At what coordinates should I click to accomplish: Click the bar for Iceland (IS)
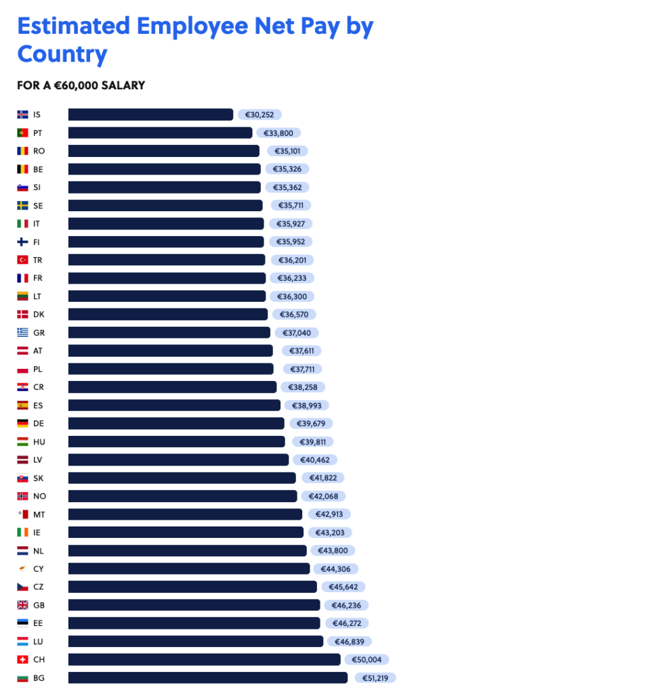150,114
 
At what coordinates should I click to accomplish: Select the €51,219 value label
373,677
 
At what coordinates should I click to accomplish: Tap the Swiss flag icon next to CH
22,659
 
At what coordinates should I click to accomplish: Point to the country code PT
37,133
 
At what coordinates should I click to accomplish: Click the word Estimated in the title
73,26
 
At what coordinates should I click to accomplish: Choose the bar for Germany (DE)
176,424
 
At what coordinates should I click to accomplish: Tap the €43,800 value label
333,551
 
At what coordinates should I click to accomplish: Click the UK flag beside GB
22,605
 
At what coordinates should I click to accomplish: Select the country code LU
38,641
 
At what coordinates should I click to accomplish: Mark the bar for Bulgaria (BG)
207,677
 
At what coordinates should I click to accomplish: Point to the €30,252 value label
260,115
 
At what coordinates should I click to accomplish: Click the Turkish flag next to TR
22,260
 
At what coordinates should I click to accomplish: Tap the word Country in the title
62,54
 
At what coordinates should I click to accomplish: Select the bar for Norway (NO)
182,496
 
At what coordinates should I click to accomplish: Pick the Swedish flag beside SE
22,205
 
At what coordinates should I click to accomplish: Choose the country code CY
38,569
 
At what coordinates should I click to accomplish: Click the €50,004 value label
367,659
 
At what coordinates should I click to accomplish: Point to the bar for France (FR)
167,278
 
